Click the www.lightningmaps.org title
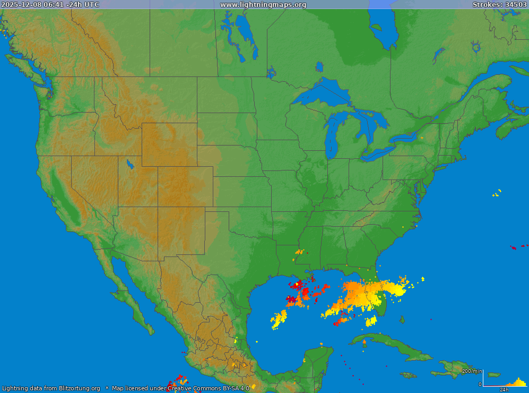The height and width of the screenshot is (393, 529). (x=263, y=5)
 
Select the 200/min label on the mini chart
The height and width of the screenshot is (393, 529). (x=472, y=371)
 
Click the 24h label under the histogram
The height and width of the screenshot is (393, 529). (x=505, y=390)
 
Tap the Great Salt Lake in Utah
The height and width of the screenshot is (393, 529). (x=129, y=164)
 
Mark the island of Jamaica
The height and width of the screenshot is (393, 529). (x=408, y=375)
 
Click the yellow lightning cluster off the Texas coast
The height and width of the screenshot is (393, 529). (x=279, y=319)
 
